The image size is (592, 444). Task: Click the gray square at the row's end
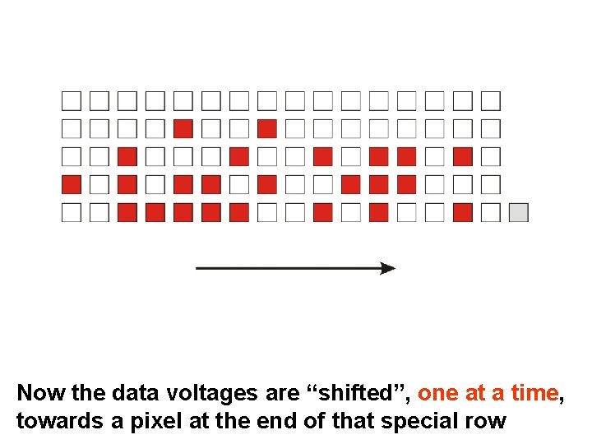point(518,212)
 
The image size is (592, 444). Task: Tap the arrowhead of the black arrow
point(387,268)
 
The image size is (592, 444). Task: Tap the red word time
point(535,393)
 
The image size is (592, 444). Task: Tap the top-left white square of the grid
point(72,101)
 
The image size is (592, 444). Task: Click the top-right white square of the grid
point(491,101)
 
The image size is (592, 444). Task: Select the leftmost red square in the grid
point(72,184)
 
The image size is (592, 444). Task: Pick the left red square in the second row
point(183,129)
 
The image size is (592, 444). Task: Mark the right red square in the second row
point(266,129)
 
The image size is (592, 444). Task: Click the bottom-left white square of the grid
point(72,212)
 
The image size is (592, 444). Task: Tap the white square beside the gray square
point(491,212)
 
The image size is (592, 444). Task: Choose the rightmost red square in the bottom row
point(463,212)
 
